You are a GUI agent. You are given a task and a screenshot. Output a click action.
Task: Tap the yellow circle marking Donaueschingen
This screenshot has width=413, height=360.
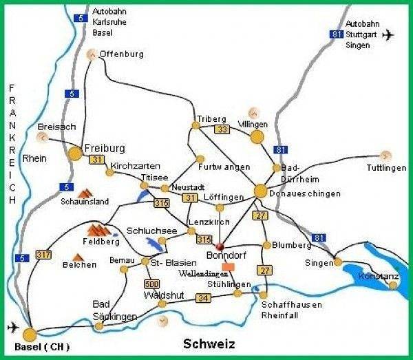[x=260, y=191]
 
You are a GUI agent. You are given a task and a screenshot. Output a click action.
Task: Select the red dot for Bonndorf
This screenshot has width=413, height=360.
[x=220, y=246]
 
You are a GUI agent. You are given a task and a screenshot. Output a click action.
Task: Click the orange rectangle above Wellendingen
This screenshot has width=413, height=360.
[x=229, y=266]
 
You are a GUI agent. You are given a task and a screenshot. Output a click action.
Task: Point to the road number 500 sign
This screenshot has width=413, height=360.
[x=152, y=284]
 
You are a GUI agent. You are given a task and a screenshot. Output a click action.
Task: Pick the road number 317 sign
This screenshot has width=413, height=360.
[x=45, y=255]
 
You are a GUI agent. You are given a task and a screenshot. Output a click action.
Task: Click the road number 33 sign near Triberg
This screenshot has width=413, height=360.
[x=222, y=129]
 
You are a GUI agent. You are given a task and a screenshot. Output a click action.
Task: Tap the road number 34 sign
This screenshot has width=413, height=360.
[x=203, y=298]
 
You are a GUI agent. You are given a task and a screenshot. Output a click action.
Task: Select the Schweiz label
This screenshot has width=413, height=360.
[x=209, y=343]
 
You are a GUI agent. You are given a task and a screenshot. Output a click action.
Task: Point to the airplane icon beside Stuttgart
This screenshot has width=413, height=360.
[x=390, y=34]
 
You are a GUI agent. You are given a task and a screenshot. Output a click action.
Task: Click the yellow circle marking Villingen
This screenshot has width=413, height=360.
[x=257, y=137]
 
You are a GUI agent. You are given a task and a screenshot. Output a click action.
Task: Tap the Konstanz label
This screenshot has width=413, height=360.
[x=377, y=276]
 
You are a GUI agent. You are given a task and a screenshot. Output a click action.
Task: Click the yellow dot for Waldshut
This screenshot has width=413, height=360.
[x=162, y=304]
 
